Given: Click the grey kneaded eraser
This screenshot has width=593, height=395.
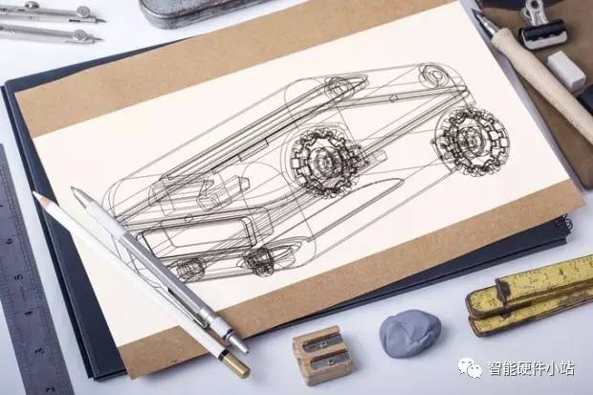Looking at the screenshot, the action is (x=410, y=334).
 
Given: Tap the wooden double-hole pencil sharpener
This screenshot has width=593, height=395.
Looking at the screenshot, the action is (x=322, y=355).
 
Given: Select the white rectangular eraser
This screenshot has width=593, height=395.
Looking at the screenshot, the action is (x=566, y=71).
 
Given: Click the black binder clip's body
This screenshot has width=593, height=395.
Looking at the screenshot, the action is (x=542, y=33).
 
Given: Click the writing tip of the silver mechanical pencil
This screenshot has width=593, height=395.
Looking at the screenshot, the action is (x=74, y=188).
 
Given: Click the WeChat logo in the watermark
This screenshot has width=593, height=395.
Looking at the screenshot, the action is (x=470, y=367).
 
